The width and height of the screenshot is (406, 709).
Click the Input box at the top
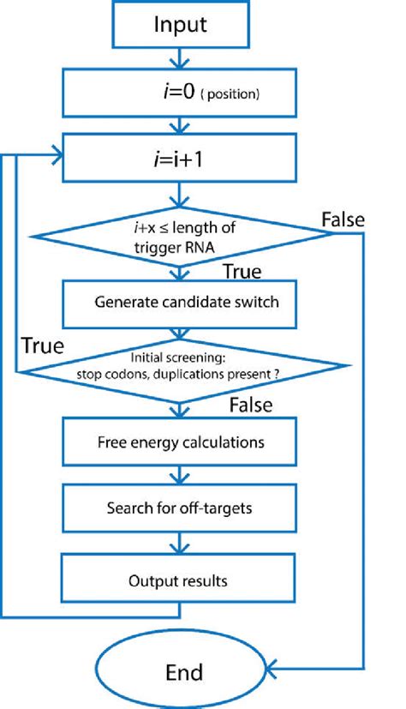pos(180,25)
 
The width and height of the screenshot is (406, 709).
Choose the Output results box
pos(180,580)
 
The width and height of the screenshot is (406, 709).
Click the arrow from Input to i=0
pos(179,57)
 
